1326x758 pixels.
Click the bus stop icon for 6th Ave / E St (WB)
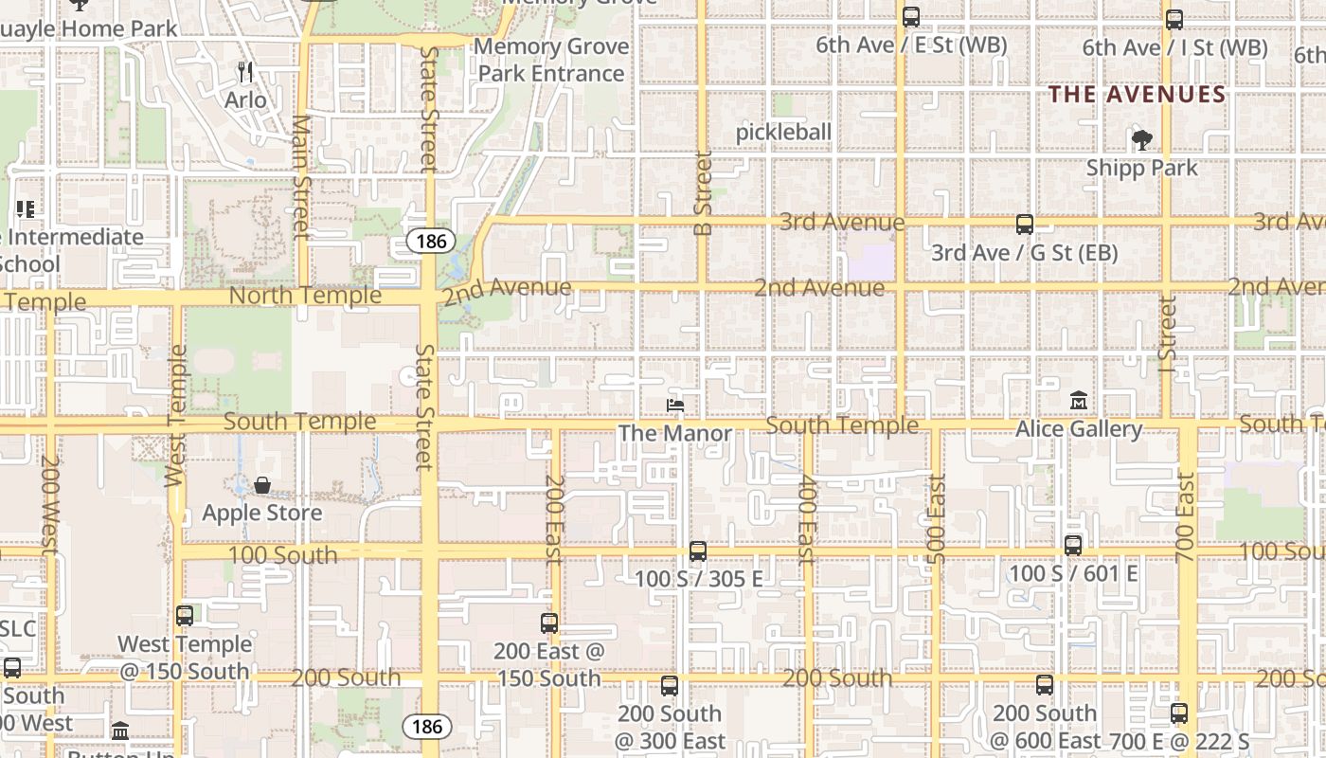click(x=911, y=17)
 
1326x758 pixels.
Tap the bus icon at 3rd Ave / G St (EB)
click(x=1025, y=225)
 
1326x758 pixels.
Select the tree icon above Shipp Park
click(x=1142, y=140)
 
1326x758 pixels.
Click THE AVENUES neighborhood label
click(x=1137, y=95)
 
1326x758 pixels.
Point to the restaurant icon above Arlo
click(x=245, y=71)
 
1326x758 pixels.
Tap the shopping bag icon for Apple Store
click(x=262, y=486)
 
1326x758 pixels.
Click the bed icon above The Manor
click(x=675, y=406)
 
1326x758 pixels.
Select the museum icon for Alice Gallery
click(x=1079, y=401)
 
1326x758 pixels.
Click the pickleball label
click(x=783, y=133)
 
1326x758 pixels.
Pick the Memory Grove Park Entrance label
click(x=551, y=60)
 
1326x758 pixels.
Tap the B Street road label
click(x=703, y=193)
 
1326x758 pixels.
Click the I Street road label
click(x=1167, y=333)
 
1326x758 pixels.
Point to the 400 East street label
click(x=806, y=519)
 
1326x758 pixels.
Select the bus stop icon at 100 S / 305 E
click(x=698, y=550)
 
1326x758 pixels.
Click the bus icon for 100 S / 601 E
click(x=1073, y=546)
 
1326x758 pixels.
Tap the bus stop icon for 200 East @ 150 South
click(x=549, y=623)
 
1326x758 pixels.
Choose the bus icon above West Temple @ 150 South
click(x=185, y=616)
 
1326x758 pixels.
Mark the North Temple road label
click(x=306, y=296)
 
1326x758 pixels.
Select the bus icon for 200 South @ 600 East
click(x=1045, y=685)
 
